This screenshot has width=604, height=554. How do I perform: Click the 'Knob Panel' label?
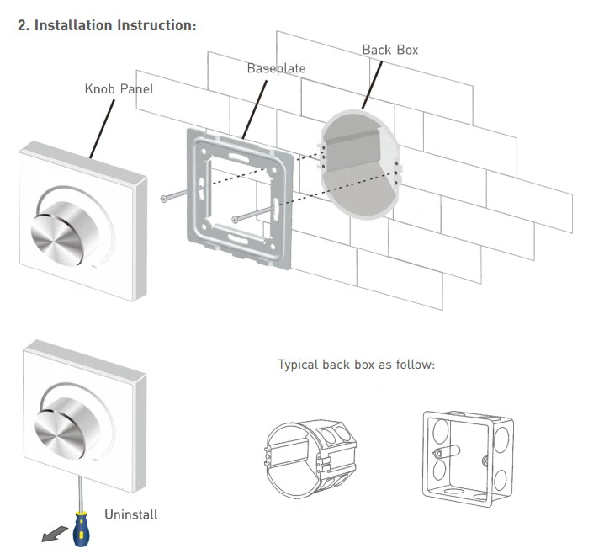click(119, 88)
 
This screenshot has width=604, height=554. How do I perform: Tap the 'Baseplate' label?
click(276, 67)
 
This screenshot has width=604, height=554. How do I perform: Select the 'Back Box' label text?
click(389, 50)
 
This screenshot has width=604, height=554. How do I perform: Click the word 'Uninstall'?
click(130, 514)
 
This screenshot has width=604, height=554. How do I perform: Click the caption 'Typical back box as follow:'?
click(356, 365)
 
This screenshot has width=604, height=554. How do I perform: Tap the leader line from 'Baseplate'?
click(254, 106)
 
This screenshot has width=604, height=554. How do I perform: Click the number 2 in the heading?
click(21, 25)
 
